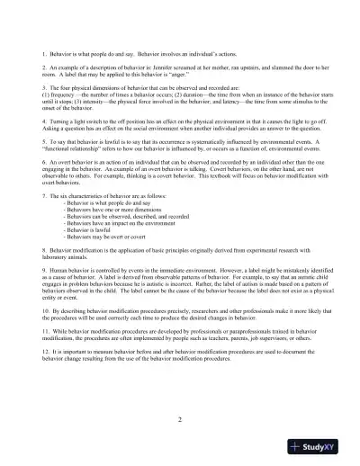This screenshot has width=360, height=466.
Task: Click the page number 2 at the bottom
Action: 180,419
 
